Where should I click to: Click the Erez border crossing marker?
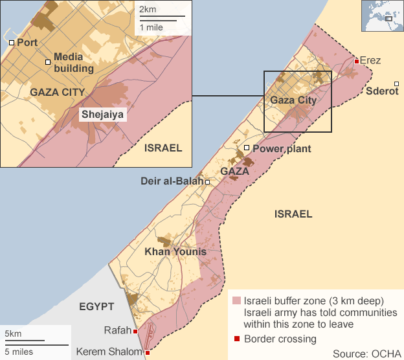[357, 62]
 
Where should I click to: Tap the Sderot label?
[381, 91]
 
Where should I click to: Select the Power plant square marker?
[247, 148]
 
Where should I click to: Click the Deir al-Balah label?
[172, 181]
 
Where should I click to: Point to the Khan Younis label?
[175, 251]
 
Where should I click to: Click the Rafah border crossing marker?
[135, 332]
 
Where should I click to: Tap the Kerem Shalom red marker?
[148, 352]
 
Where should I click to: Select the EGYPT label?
[96, 306]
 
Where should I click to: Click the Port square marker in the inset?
[12, 42]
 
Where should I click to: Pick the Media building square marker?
[48, 62]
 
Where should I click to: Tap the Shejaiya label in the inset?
[102, 115]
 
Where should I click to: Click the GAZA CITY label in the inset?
[57, 92]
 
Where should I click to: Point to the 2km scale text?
[147, 9]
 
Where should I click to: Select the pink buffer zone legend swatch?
[237, 301]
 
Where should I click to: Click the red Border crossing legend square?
[237, 339]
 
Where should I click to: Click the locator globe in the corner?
[381, 16]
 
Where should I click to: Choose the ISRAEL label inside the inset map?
[163, 148]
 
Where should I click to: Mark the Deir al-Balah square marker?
[208, 182]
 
